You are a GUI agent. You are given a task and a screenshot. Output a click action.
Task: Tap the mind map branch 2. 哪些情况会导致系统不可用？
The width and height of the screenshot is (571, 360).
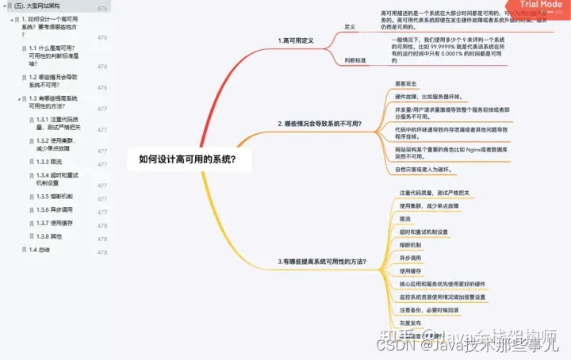coord(320,124)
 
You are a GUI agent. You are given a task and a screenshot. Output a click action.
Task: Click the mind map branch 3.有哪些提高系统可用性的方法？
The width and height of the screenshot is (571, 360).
coord(322,261)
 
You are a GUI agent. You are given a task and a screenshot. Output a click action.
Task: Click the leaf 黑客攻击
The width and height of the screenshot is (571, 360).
coord(405,84)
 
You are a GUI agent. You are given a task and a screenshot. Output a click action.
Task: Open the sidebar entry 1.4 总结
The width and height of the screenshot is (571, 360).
coord(39,249)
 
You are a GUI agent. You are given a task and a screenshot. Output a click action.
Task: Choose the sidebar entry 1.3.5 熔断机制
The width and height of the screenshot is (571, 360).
coord(55,196)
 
